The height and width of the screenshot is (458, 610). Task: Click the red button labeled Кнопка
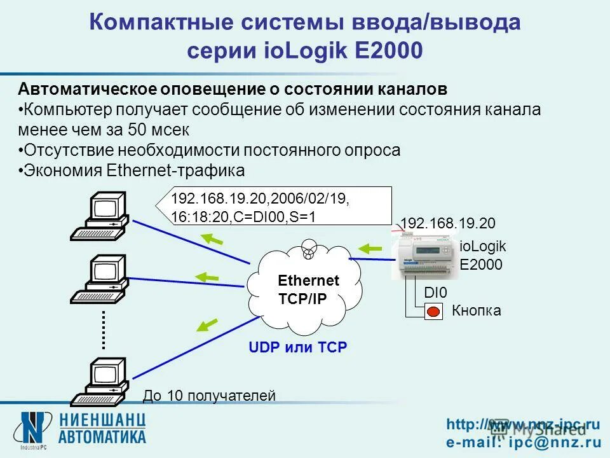(434, 312)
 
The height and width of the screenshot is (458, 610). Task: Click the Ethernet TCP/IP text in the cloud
(308, 290)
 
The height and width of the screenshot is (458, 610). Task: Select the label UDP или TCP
(298, 348)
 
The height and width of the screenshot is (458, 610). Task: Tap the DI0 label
(436, 293)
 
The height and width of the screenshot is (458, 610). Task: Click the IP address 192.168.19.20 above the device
(447, 223)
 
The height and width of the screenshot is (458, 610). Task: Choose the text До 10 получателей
(209, 396)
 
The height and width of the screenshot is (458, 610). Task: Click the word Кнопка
(476, 311)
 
